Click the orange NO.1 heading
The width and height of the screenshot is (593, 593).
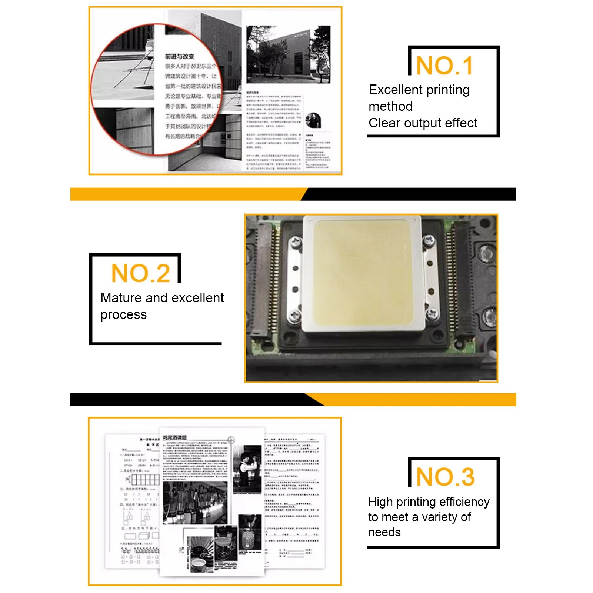444,66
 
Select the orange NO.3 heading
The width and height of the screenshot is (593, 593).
445,477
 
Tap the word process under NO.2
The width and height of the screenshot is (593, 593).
123,314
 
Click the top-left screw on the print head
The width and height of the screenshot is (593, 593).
296,243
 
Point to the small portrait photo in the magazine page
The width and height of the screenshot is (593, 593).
313,120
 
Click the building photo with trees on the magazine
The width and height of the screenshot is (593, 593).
288,54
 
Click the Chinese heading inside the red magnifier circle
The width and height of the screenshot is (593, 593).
179,56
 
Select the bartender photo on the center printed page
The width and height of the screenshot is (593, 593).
247,469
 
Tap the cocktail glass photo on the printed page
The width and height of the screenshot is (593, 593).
226,543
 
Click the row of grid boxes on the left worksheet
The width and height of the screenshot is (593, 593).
145,480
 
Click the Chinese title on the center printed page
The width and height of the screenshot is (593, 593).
174,437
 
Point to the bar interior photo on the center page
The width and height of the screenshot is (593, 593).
195,503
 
